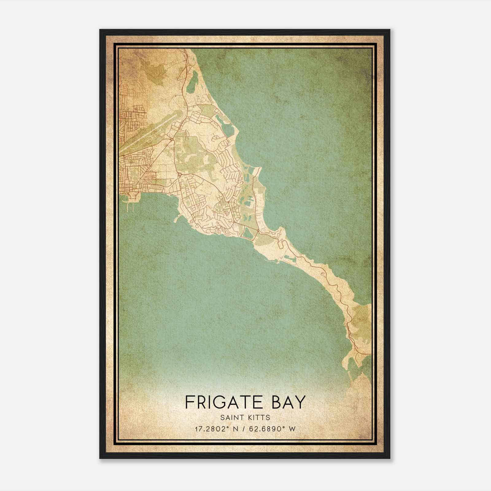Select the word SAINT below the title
(230, 417)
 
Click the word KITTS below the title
(260, 417)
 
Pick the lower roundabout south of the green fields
(180, 174)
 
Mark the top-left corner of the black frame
(100, 30)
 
